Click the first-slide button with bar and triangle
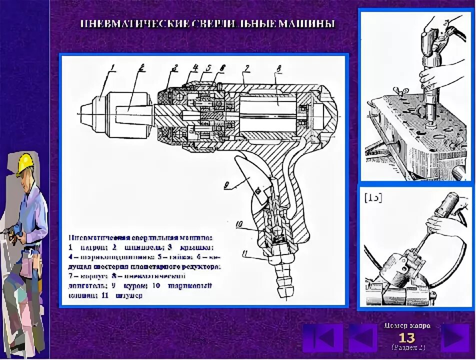(x=322, y=337)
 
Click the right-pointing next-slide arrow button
(x=455, y=337)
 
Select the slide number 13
(x=406, y=337)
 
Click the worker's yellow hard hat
(x=24, y=163)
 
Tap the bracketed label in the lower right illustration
(x=373, y=197)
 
